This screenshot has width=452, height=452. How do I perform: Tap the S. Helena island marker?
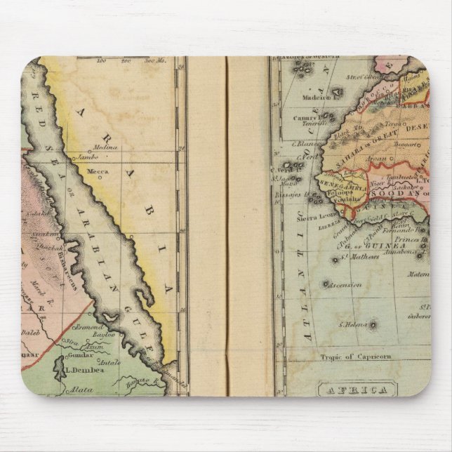pyautogui.click(x=373, y=325)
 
